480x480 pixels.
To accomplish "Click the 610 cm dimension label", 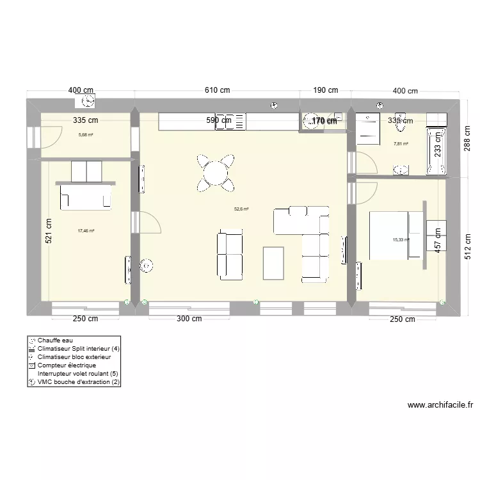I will coord(217,90).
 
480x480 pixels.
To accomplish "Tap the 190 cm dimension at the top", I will coord(325,90).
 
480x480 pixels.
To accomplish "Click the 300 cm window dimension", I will coord(189,319).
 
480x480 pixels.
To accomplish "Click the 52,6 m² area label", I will coord(241,209).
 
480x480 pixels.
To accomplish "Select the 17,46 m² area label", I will coord(86,231).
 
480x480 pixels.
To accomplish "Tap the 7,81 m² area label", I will coord(401,144).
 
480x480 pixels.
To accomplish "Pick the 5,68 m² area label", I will coord(86,135).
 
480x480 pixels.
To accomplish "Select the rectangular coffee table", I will coord(274,262).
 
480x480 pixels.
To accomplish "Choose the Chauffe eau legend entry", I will coord(55,340).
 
